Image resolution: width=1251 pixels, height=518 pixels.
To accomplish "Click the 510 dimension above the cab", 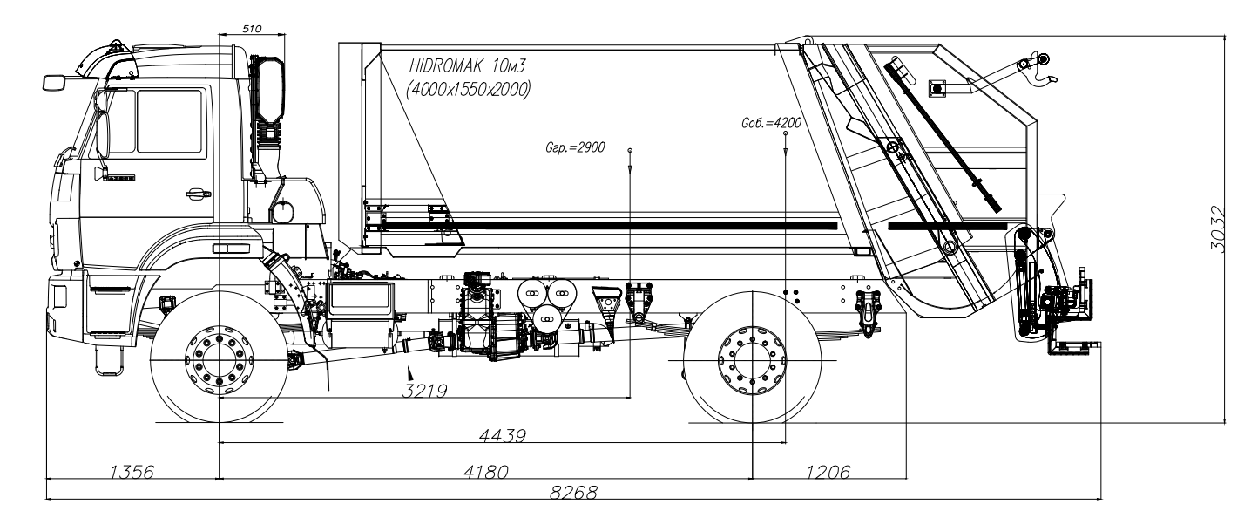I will click(252, 28).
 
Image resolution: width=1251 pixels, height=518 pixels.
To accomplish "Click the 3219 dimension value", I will click(424, 391).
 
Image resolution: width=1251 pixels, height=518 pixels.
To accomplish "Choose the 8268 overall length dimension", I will click(572, 494).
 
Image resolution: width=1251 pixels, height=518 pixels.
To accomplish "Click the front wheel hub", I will click(219, 358).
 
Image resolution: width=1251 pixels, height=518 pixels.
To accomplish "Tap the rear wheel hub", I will click(751, 358).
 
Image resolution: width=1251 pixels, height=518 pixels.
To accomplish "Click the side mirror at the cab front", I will click(54, 82).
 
